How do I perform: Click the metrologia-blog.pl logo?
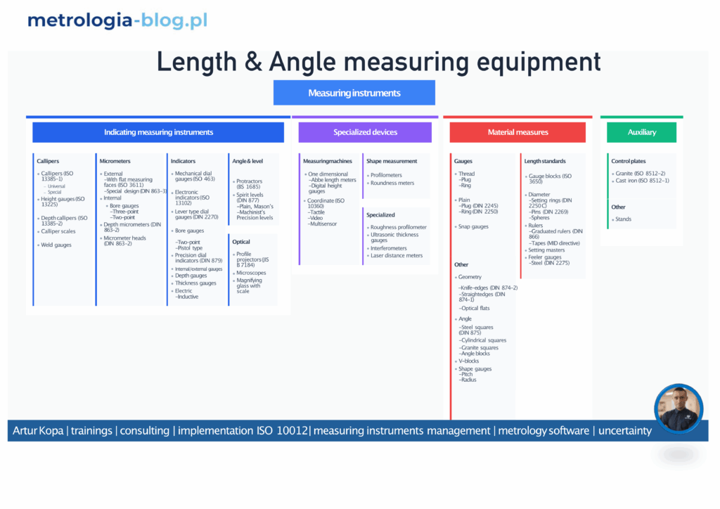point(117,20)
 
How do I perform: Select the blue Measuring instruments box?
point(354,93)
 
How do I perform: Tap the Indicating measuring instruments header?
point(158,132)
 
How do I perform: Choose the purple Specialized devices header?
point(365,132)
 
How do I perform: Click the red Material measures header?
point(517,132)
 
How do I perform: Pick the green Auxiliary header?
point(641,132)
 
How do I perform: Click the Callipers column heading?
point(48,161)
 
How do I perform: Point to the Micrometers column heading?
point(115,161)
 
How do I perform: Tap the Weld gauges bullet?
point(56,245)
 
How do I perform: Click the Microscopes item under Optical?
point(251,273)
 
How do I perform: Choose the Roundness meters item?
point(392,183)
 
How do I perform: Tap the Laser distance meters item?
point(397,255)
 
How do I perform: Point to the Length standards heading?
point(544,161)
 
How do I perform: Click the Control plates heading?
point(628,161)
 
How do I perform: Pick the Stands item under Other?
point(623,219)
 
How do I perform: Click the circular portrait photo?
point(679,408)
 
